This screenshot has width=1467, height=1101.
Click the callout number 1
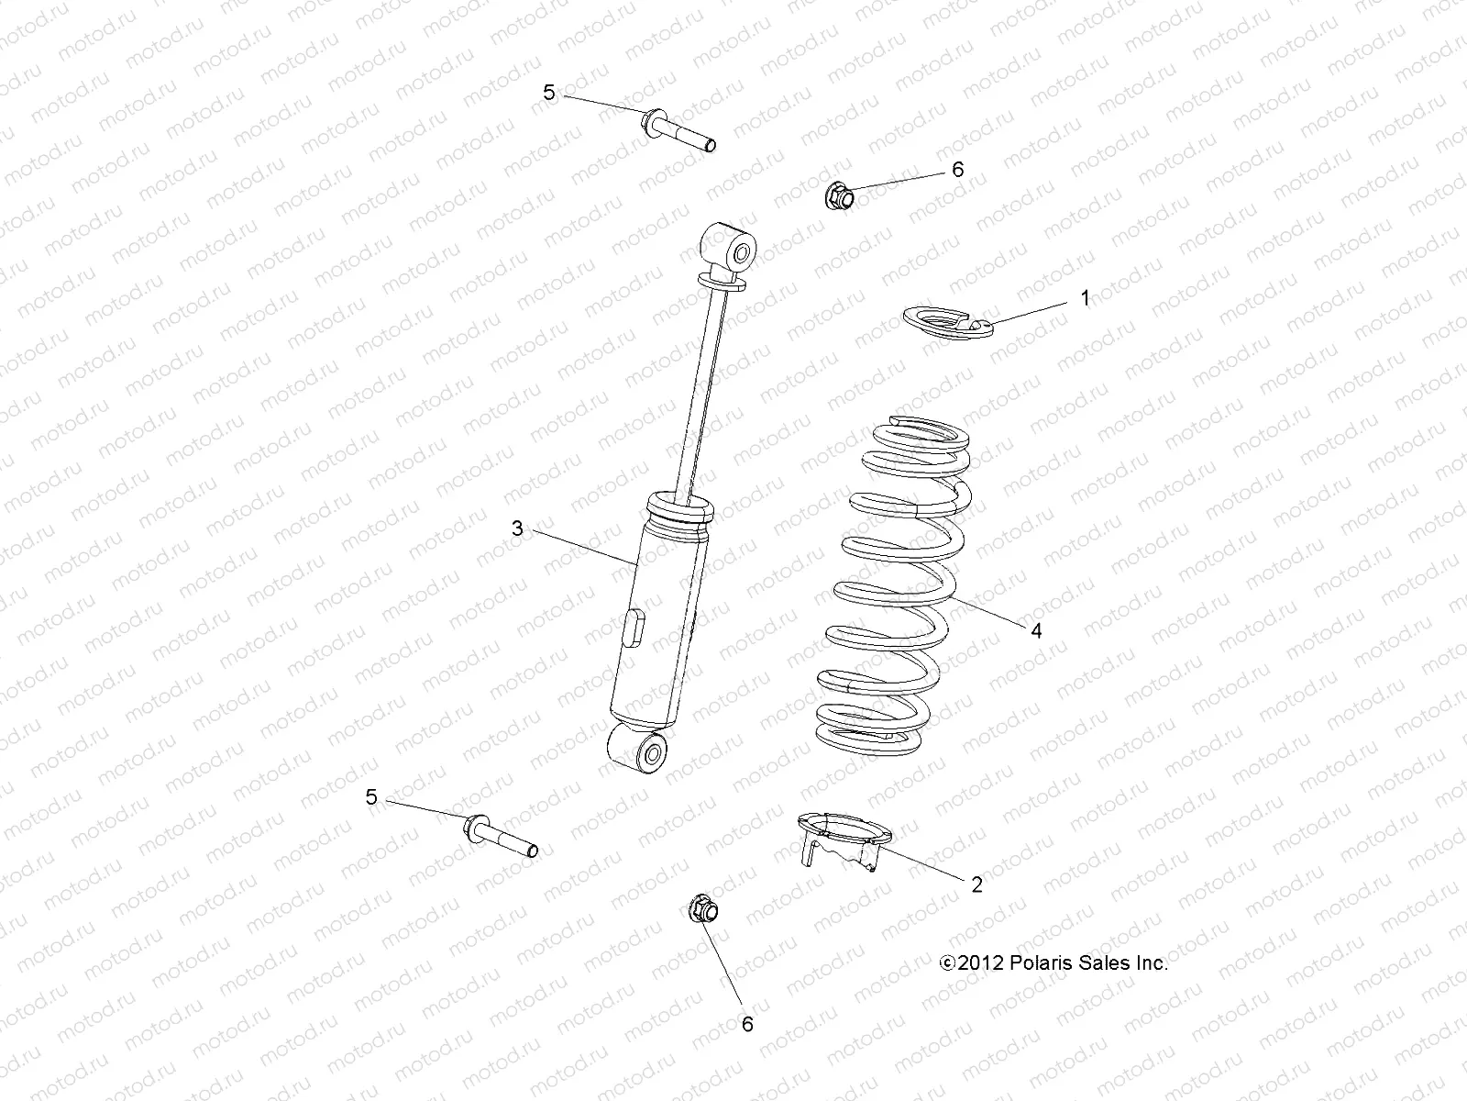(1086, 298)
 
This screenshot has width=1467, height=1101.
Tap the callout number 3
(517, 528)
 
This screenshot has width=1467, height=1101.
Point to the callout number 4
(1036, 630)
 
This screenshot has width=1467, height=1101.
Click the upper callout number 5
(549, 92)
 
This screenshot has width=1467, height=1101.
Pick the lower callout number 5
(371, 797)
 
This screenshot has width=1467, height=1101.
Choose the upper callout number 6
(958, 170)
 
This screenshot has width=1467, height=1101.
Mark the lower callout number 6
(747, 1024)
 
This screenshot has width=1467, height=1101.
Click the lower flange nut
(702, 910)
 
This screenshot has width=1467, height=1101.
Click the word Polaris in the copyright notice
(1040, 962)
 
